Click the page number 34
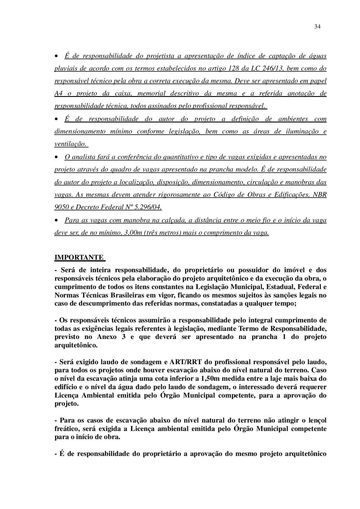(x=317, y=27)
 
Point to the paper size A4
(x=59, y=93)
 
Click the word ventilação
(x=70, y=144)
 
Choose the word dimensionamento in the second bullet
(x=80, y=131)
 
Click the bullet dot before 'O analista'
(x=56, y=157)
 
